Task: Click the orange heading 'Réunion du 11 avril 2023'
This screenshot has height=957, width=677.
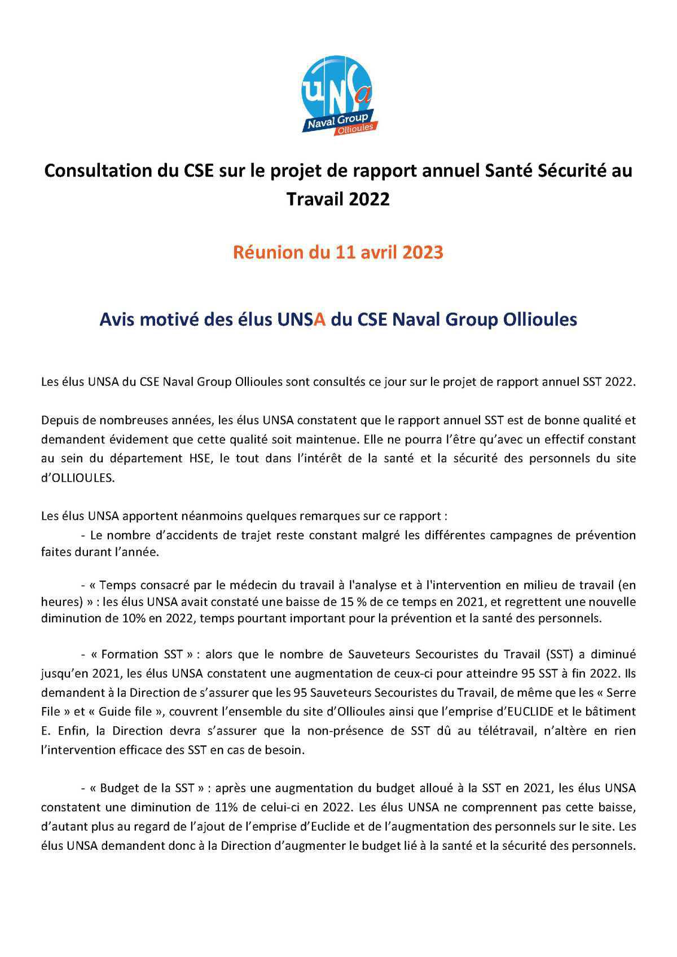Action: click(338, 252)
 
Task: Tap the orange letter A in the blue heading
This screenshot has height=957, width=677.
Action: click(320, 320)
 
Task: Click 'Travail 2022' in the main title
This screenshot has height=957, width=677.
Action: click(338, 199)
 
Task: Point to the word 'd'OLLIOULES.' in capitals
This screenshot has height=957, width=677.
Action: click(77, 477)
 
